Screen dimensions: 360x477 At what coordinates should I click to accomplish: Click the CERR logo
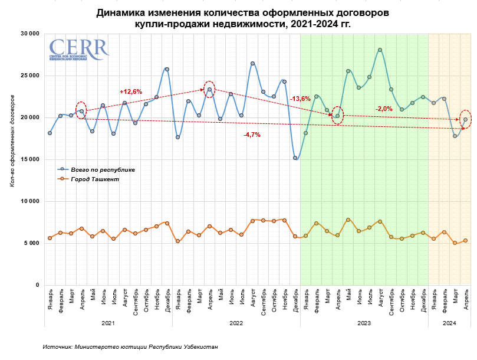click(x=78, y=50)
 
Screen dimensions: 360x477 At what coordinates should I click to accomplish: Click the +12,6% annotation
click(x=131, y=91)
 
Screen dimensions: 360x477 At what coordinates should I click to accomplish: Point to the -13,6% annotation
click(x=300, y=99)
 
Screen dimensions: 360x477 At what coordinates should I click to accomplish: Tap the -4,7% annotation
click(x=252, y=135)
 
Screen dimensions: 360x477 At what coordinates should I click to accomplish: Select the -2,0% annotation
click(x=384, y=109)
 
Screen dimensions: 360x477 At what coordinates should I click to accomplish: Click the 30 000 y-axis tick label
click(x=29, y=34)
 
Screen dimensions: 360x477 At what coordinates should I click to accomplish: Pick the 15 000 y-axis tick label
click(x=29, y=159)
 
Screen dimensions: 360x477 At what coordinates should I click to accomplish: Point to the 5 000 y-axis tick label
click(x=31, y=243)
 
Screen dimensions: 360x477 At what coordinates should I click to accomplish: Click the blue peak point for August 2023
click(x=380, y=50)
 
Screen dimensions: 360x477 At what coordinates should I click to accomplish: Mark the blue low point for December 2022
click(x=295, y=158)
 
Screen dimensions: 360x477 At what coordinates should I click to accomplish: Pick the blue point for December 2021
click(x=167, y=69)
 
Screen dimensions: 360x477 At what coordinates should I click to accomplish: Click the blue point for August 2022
click(x=252, y=63)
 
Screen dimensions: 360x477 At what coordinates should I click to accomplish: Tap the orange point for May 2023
click(x=348, y=220)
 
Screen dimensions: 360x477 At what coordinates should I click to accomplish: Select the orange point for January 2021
click(x=50, y=238)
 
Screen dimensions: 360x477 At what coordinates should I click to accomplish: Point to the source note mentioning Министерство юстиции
click(x=130, y=347)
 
